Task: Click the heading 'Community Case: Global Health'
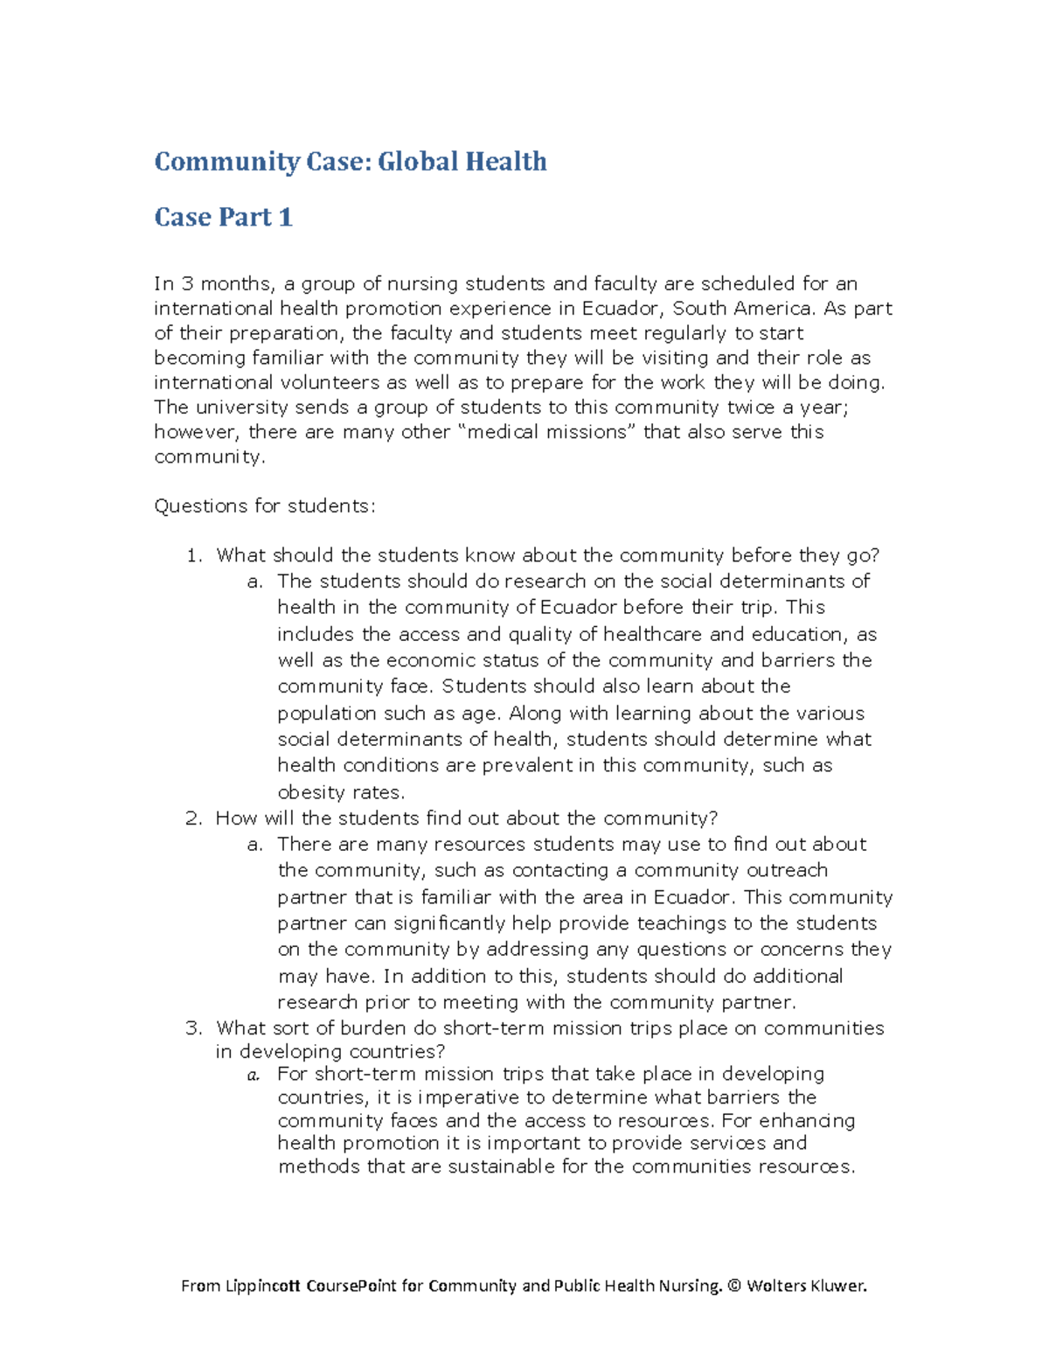pos(351,162)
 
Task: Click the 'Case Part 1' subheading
pos(223,217)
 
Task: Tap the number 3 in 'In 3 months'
pos(187,284)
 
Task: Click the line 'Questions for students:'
pos(264,506)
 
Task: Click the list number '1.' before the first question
pos(194,556)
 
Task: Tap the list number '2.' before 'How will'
pos(193,819)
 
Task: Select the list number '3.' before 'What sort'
pos(193,1029)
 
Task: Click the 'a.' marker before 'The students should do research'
pos(254,582)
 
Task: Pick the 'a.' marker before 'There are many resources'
pos(254,846)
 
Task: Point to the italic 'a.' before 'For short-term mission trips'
pos(254,1076)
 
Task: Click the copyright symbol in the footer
pos(733,1286)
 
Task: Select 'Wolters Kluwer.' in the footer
pos(806,1286)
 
